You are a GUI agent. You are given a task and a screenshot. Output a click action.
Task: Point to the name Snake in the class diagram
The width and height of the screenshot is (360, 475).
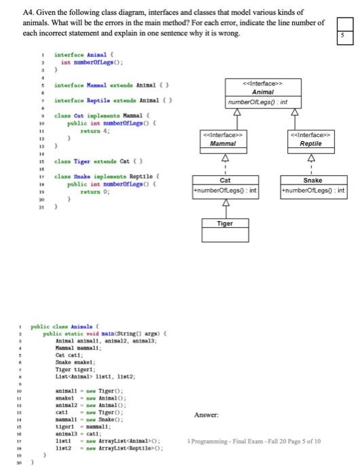[x=313, y=181]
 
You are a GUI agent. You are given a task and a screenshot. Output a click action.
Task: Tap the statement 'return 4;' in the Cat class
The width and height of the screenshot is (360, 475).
[x=93, y=133]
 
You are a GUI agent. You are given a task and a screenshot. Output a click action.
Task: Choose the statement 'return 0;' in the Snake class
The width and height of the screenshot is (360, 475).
[x=93, y=192]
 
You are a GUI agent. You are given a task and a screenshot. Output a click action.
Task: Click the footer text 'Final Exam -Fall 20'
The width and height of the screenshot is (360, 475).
[x=266, y=442]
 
